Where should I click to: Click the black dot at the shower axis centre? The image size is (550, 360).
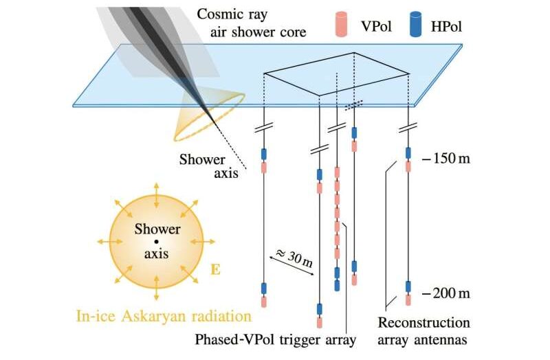click(157, 242)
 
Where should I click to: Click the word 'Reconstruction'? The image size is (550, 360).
click(424, 322)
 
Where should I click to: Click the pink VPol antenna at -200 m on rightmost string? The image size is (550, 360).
click(408, 300)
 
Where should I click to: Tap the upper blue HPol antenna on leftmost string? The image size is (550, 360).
click(263, 154)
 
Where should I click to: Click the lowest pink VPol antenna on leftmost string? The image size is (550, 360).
click(263, 301)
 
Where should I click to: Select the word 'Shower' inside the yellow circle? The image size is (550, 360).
click(157, 229)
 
